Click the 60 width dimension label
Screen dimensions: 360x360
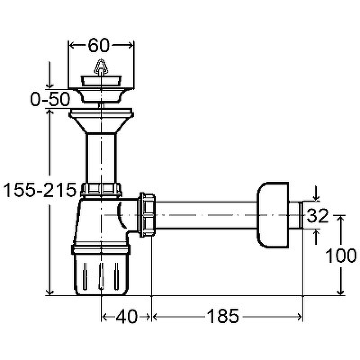(x=99, y=45)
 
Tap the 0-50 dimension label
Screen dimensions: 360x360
(x=50, y=99)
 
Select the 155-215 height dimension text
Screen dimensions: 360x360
(x=40, y=190)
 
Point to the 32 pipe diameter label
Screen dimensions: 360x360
(x=318, y=216)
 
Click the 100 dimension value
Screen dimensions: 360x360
(x=341, y=256)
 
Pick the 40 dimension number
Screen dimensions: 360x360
(x=127, y=317)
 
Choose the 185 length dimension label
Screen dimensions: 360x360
(x=223, y=316)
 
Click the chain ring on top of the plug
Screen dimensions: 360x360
(x=101, y=67)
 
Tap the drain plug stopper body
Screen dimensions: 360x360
(x=101, y=81)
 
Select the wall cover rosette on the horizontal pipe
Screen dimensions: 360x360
(x=273, y=215)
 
